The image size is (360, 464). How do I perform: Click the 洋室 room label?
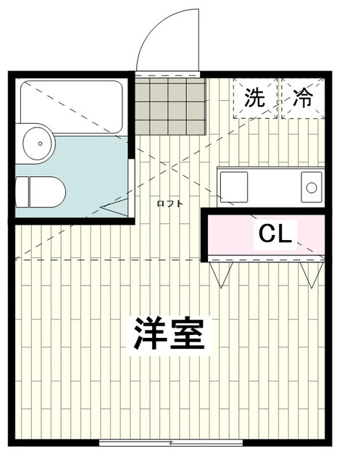pos(168,333)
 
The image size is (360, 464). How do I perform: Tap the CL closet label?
pos(275,233)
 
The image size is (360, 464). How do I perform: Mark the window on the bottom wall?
pos(171,442)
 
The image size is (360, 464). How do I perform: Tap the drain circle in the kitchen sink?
pos(311,187)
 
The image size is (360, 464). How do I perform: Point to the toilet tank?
pos(22,191)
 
